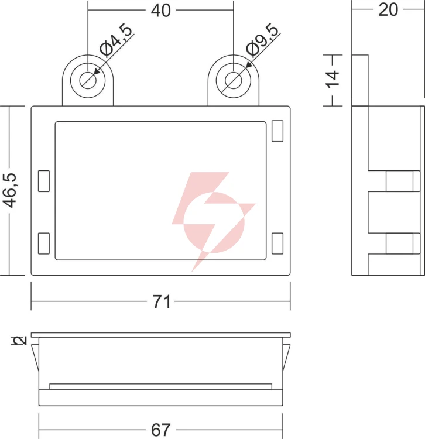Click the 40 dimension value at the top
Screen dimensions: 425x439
pos(161,11)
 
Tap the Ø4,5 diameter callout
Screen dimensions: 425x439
pos(116,40)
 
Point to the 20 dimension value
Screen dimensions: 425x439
pos(388,9)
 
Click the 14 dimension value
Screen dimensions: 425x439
pos(333,80)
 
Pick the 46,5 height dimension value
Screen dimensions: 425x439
pos(11,190)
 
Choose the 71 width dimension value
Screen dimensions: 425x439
pos(162,301)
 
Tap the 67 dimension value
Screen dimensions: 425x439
pos(161,430)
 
